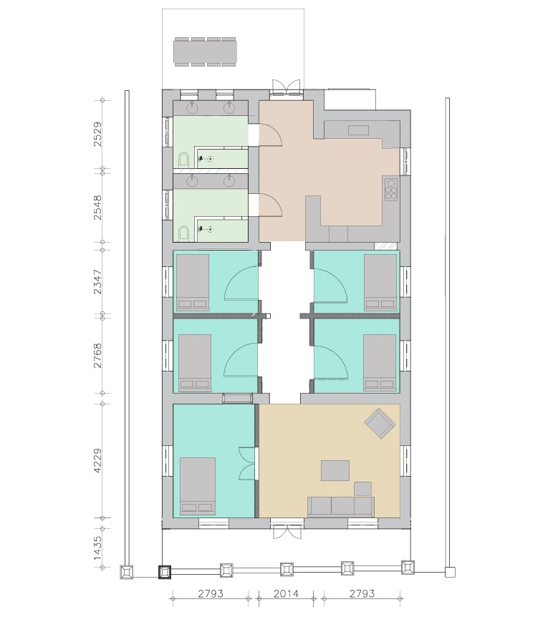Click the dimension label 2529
point(97,135)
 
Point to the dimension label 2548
point(97,208)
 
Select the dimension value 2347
point(97,282)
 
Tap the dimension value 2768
point(97,356)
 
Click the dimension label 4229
point(97,461)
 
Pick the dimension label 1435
point(97,548)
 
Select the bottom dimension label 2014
point(286,593)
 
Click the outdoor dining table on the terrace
point(206,52)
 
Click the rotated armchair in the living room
point(380,424)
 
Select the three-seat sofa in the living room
point(341,507)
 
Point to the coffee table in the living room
point(335,470)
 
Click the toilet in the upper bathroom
point(183,160)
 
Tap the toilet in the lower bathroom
point(183,233)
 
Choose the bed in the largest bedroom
point(198,486)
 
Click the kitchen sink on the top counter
point(358,130)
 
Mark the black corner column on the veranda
point(165,572)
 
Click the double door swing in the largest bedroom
point(247,464)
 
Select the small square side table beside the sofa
point(362,489)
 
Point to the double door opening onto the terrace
point(287,87)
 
